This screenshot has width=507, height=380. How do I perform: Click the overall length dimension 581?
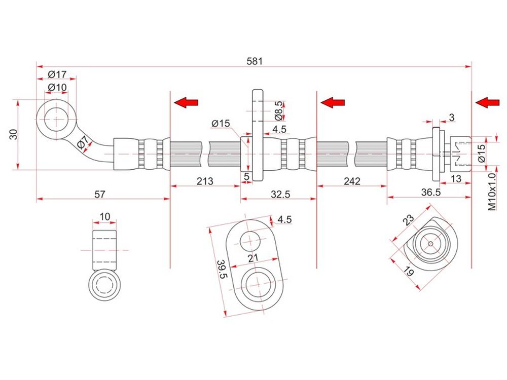click(x=255, y=61)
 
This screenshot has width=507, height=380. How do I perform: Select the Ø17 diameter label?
click(x=57, y=74)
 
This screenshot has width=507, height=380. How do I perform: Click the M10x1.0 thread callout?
click(x=491, y=192)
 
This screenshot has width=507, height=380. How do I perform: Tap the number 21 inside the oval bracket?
click(x=253, y=258)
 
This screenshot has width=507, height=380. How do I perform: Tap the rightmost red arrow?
click(x=487, y=102)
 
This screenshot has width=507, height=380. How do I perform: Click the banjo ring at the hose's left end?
click(x=56, y=121)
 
